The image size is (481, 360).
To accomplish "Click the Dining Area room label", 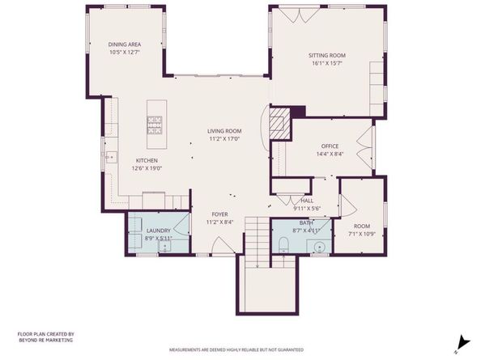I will coord(125,48).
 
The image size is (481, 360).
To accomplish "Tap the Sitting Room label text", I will coord(327,59).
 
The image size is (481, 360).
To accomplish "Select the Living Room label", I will coord(224,134).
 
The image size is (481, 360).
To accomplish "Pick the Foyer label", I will coord(219,218).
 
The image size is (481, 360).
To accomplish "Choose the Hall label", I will coord(306,204).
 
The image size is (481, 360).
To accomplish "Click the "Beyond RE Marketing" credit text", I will coord(45,337).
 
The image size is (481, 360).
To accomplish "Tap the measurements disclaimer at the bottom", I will coord(236,349).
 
